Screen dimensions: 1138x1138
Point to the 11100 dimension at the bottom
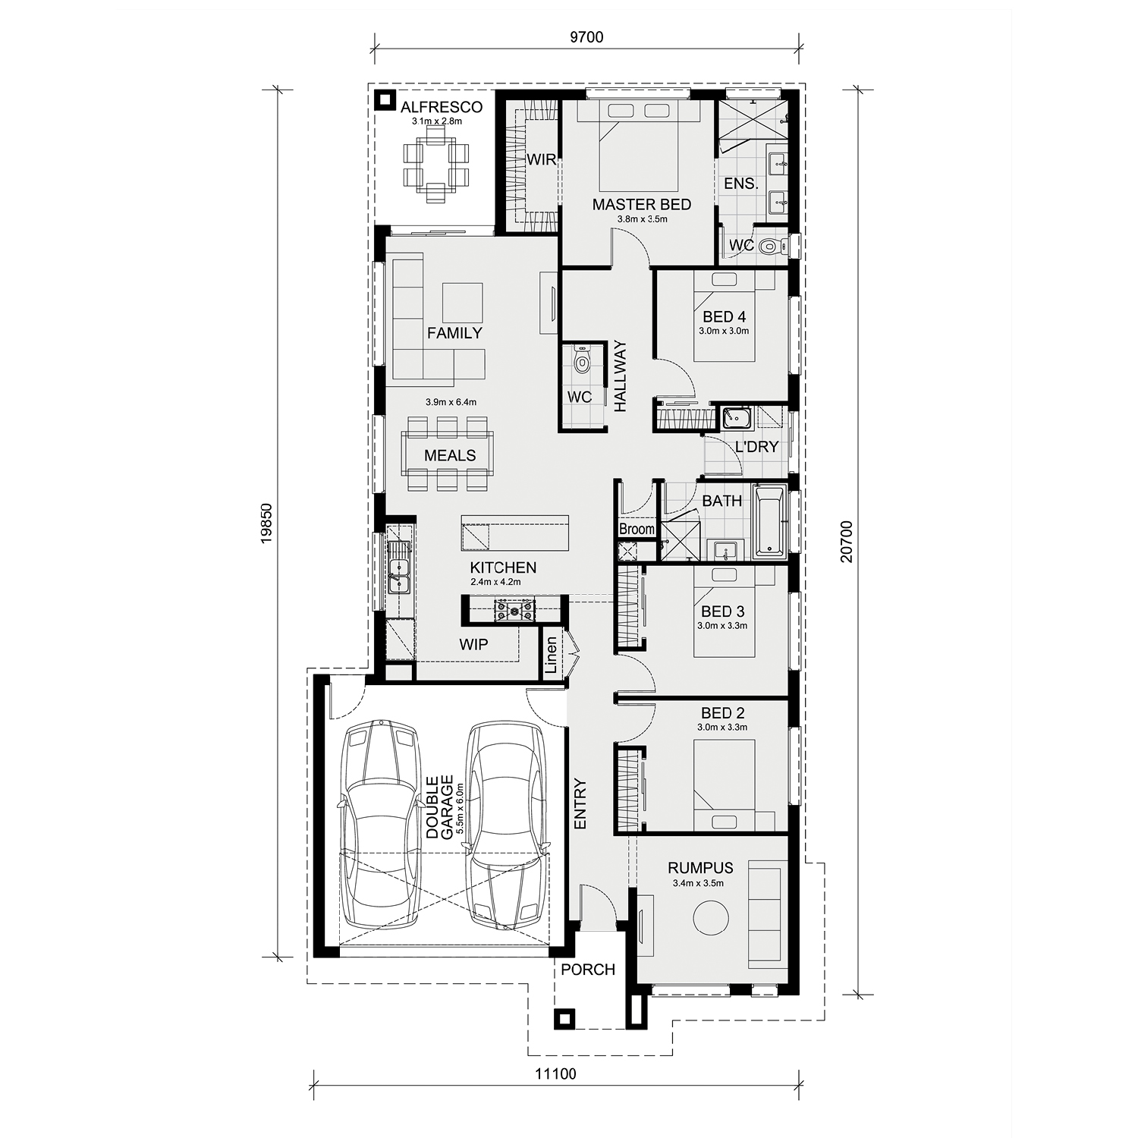(556, 1074)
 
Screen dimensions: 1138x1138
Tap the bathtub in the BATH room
(769, 521)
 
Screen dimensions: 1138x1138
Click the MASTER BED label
(642, 204)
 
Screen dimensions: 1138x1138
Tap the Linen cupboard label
(552, 655)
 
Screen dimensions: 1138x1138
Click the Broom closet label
(637, 529)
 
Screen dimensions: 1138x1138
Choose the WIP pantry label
(473, 644)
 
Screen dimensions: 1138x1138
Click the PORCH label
(588, 970)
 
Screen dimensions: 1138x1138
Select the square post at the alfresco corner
(385, 99)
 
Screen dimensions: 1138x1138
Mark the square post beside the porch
(564, 1019)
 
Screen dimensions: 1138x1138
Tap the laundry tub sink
(736, 418)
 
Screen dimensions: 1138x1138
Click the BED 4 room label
(724, 316)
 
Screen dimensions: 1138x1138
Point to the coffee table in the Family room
(462, 303)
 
